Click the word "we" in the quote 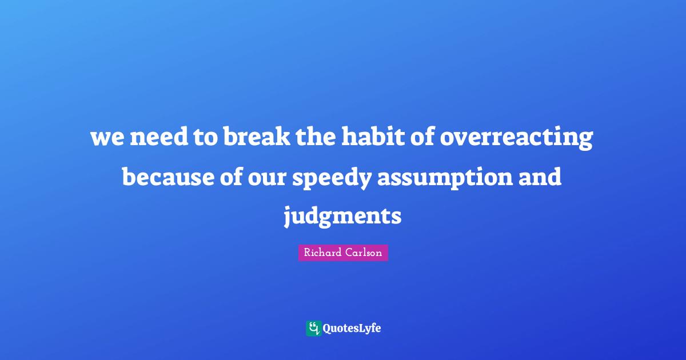(x=107, y=139)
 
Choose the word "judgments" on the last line (x=343, y=218)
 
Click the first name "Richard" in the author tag (x=323, y=253)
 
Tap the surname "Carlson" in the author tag (x=364, y=253)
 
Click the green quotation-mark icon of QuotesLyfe (x=313, y=328)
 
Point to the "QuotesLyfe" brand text (x=352, y=329)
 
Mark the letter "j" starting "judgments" (x=289, y=218)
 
